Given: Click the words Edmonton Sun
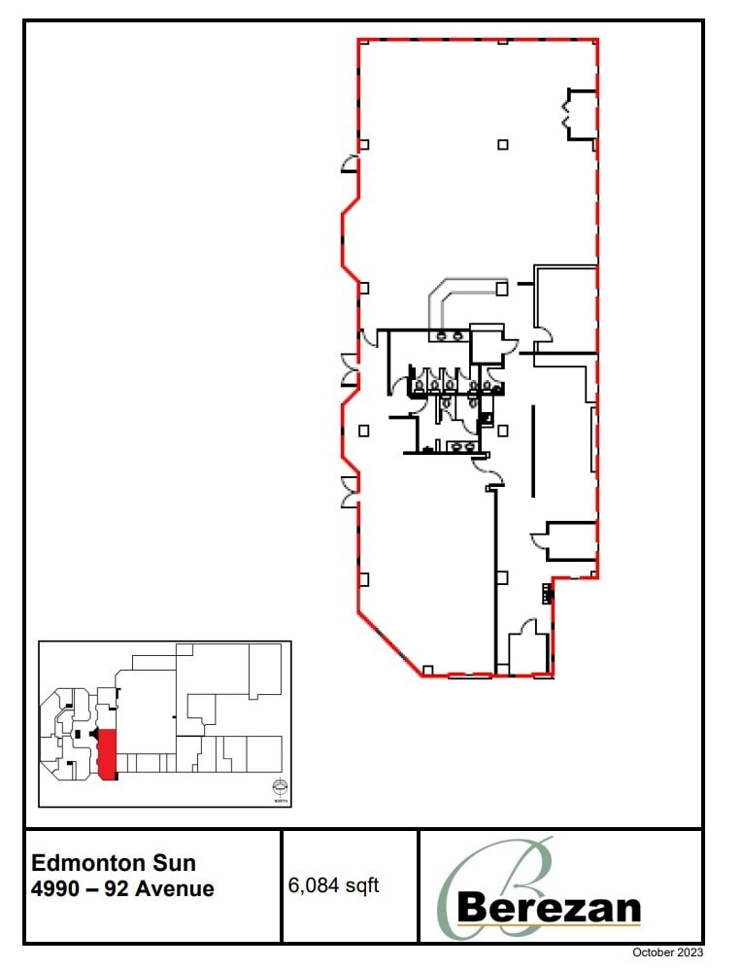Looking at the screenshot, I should pyautogui.click(x=114, y=862).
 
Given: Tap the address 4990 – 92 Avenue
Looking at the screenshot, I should pyautogui.click(x=123, y=888).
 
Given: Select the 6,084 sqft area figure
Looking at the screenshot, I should pyautogui.click(x=334, y=885).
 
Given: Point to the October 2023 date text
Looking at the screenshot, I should pyautogui.click(x=667, y=952).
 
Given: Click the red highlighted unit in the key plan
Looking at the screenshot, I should pyautogui.click(x=108, y=753).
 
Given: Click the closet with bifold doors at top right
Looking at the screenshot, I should pyautogui.click(x=581, y=115).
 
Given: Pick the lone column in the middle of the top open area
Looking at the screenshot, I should pyautogui.click(x=502, y=145).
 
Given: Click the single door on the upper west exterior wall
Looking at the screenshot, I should pyautogui.click(x=350, y=164).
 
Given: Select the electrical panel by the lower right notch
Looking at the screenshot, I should pyautogui.click(x=544, y=592).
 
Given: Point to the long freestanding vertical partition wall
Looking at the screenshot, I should pyautogui.click(x=531, y=452).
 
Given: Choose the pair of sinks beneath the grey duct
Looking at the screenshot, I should pyautogui.click(x=449, y=335).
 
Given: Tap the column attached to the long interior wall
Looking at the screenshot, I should pyautogui.click(x=501, y=578).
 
